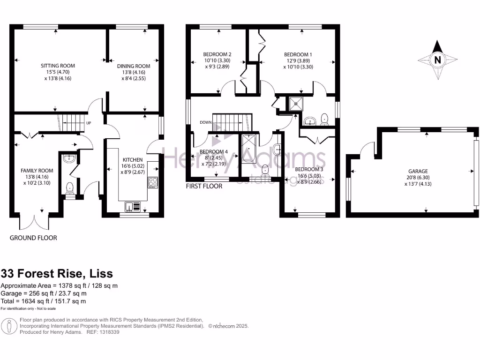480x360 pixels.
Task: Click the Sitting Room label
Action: point(58,66)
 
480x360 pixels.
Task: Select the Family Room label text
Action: point(36,171)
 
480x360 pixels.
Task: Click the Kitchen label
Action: point(132,160)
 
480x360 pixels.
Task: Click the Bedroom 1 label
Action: point(298,55)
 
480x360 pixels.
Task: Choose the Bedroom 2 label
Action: point(217,54)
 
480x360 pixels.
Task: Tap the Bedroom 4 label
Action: point(214,152)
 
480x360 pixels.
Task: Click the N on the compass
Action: point(437,60)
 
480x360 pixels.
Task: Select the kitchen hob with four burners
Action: point(153,182)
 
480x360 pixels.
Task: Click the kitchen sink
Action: point(133,206)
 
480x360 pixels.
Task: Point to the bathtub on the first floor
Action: point(248,149)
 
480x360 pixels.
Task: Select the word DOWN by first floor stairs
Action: point(206,123)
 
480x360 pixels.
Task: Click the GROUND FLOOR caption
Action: point(33,238)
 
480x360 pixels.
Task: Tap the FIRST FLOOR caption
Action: point(204,186)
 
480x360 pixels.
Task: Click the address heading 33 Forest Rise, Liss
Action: point(57,273)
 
